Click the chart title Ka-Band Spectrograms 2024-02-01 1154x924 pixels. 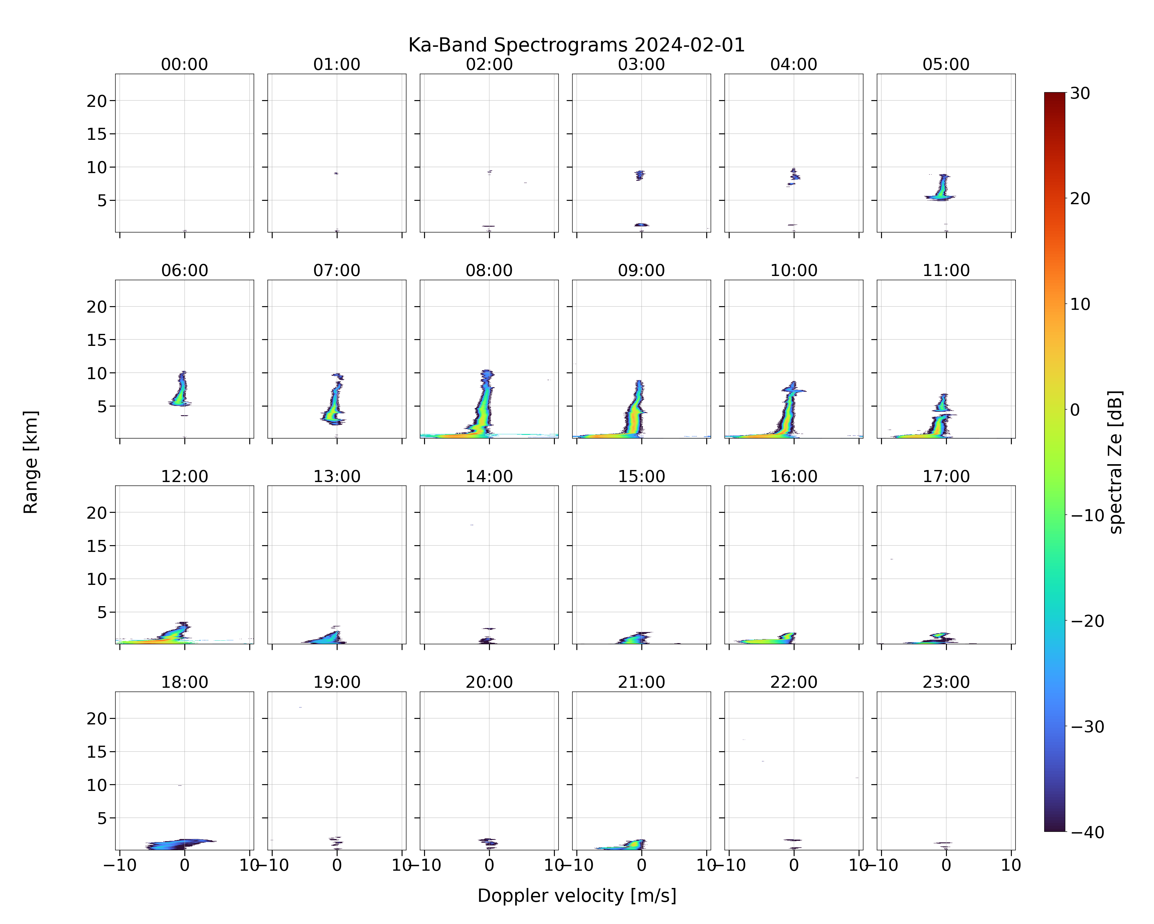pos(576,45)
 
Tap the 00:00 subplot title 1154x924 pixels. pos(185,64)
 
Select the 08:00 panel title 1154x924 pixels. pos(489,270)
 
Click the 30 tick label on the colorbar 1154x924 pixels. pos(1080,93)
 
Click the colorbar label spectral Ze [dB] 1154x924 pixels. pos(1116,462)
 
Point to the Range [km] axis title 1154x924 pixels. pos(30,462)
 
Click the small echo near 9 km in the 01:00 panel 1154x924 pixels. pos(336,173)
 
